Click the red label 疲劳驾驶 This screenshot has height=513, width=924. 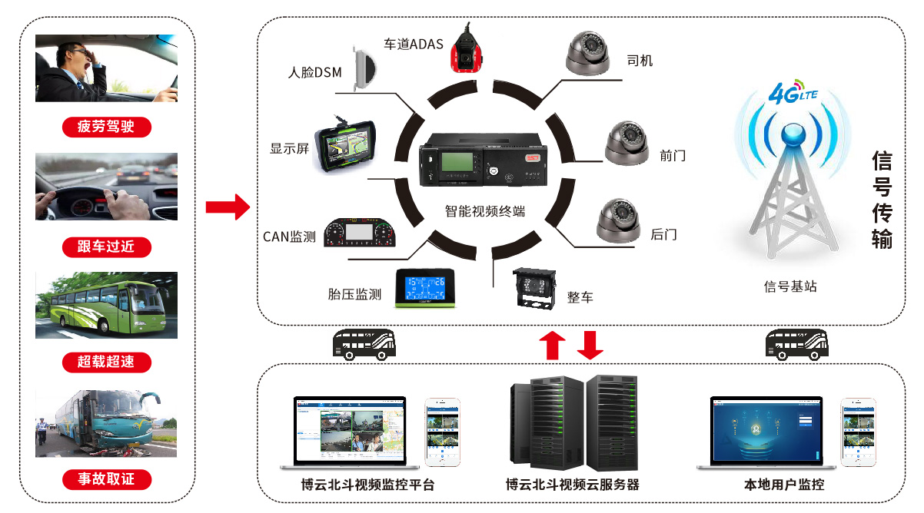coord(106,127)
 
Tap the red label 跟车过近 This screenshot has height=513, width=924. coord(106,247)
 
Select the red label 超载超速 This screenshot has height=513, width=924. coord(106,362)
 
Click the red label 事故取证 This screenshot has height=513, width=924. coord(106,479)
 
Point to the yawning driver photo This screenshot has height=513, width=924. coord(106,68)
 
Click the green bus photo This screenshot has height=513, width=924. coord(106,306)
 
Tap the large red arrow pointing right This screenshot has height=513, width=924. coord(228,207)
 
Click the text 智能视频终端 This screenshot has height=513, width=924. coord(484,210)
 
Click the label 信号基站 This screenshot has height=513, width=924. coord(790,286)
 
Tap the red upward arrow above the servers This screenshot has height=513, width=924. coord(551,345)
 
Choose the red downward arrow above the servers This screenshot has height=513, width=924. coord(590,345)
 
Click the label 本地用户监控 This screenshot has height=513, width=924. coord(784,485)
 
